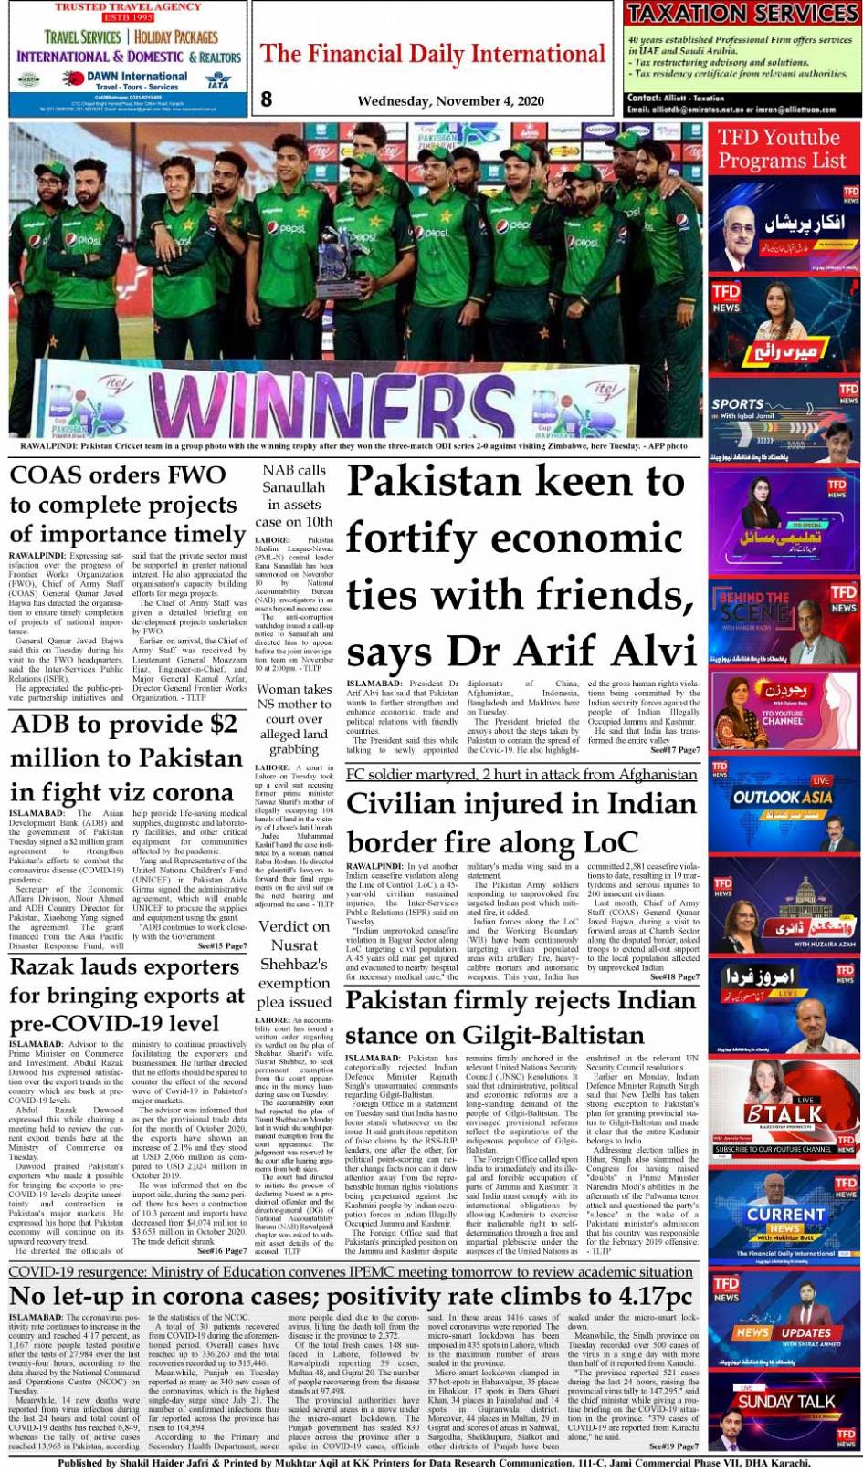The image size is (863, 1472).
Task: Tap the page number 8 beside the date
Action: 266,99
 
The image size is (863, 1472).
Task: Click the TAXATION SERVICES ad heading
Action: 742,13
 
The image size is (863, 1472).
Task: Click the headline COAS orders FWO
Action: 118,475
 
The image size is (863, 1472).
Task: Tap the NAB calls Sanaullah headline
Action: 293,496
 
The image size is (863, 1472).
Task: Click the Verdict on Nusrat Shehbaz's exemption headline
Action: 293,963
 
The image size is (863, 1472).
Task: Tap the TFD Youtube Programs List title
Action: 778,149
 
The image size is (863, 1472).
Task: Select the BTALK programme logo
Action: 783,1114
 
